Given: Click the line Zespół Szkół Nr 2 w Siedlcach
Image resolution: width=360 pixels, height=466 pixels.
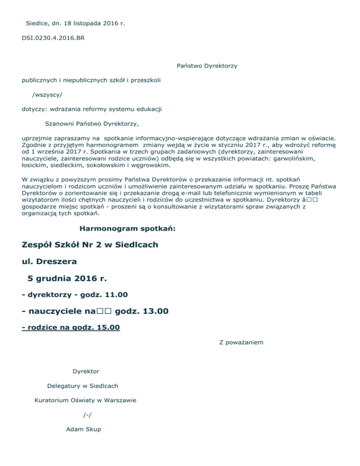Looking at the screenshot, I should click(x=90, y=245).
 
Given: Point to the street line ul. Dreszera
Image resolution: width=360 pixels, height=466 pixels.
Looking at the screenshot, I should click(x=49, y=261).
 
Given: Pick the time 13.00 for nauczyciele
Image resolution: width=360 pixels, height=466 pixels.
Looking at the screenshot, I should click(x=152, y=311).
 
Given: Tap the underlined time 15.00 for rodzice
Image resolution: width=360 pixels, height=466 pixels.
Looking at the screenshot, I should click(x=107, y=327).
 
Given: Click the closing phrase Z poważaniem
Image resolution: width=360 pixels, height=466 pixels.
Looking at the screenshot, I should click(x=241, y=342).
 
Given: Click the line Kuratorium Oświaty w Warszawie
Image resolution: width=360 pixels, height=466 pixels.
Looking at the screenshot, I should click(x=85, y=400).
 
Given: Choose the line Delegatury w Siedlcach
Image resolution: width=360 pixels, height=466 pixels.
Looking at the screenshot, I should click(x=82, y=386).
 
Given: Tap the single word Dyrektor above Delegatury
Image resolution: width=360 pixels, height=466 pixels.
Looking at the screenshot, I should click(x=86, y=371).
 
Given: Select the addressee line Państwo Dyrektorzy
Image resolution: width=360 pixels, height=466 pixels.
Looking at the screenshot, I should click(x=207, y=66).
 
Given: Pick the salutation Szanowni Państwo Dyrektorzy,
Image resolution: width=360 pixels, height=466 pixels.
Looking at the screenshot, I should click(x=91, y=124).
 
